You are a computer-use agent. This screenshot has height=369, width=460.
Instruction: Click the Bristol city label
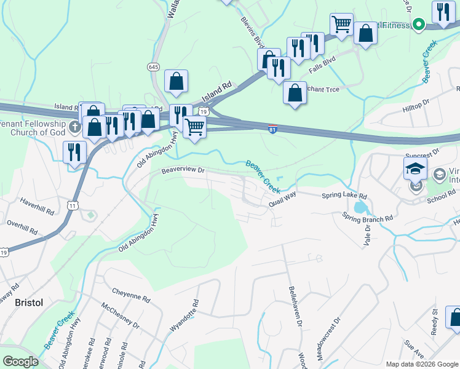click(28, 303)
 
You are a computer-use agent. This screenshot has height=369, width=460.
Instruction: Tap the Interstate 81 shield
click(272, 129)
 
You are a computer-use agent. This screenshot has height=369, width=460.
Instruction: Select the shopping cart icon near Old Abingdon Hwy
click(194, 127)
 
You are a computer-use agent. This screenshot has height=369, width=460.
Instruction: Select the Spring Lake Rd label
click(344, 196)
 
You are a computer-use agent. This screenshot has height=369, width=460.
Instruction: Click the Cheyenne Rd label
click(131, 294)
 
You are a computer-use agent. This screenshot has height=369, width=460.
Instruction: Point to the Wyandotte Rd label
click(184, 315)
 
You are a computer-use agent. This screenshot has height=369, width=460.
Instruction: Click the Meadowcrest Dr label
click(328, 339)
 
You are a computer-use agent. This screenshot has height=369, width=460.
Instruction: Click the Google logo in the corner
click(20, 362)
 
